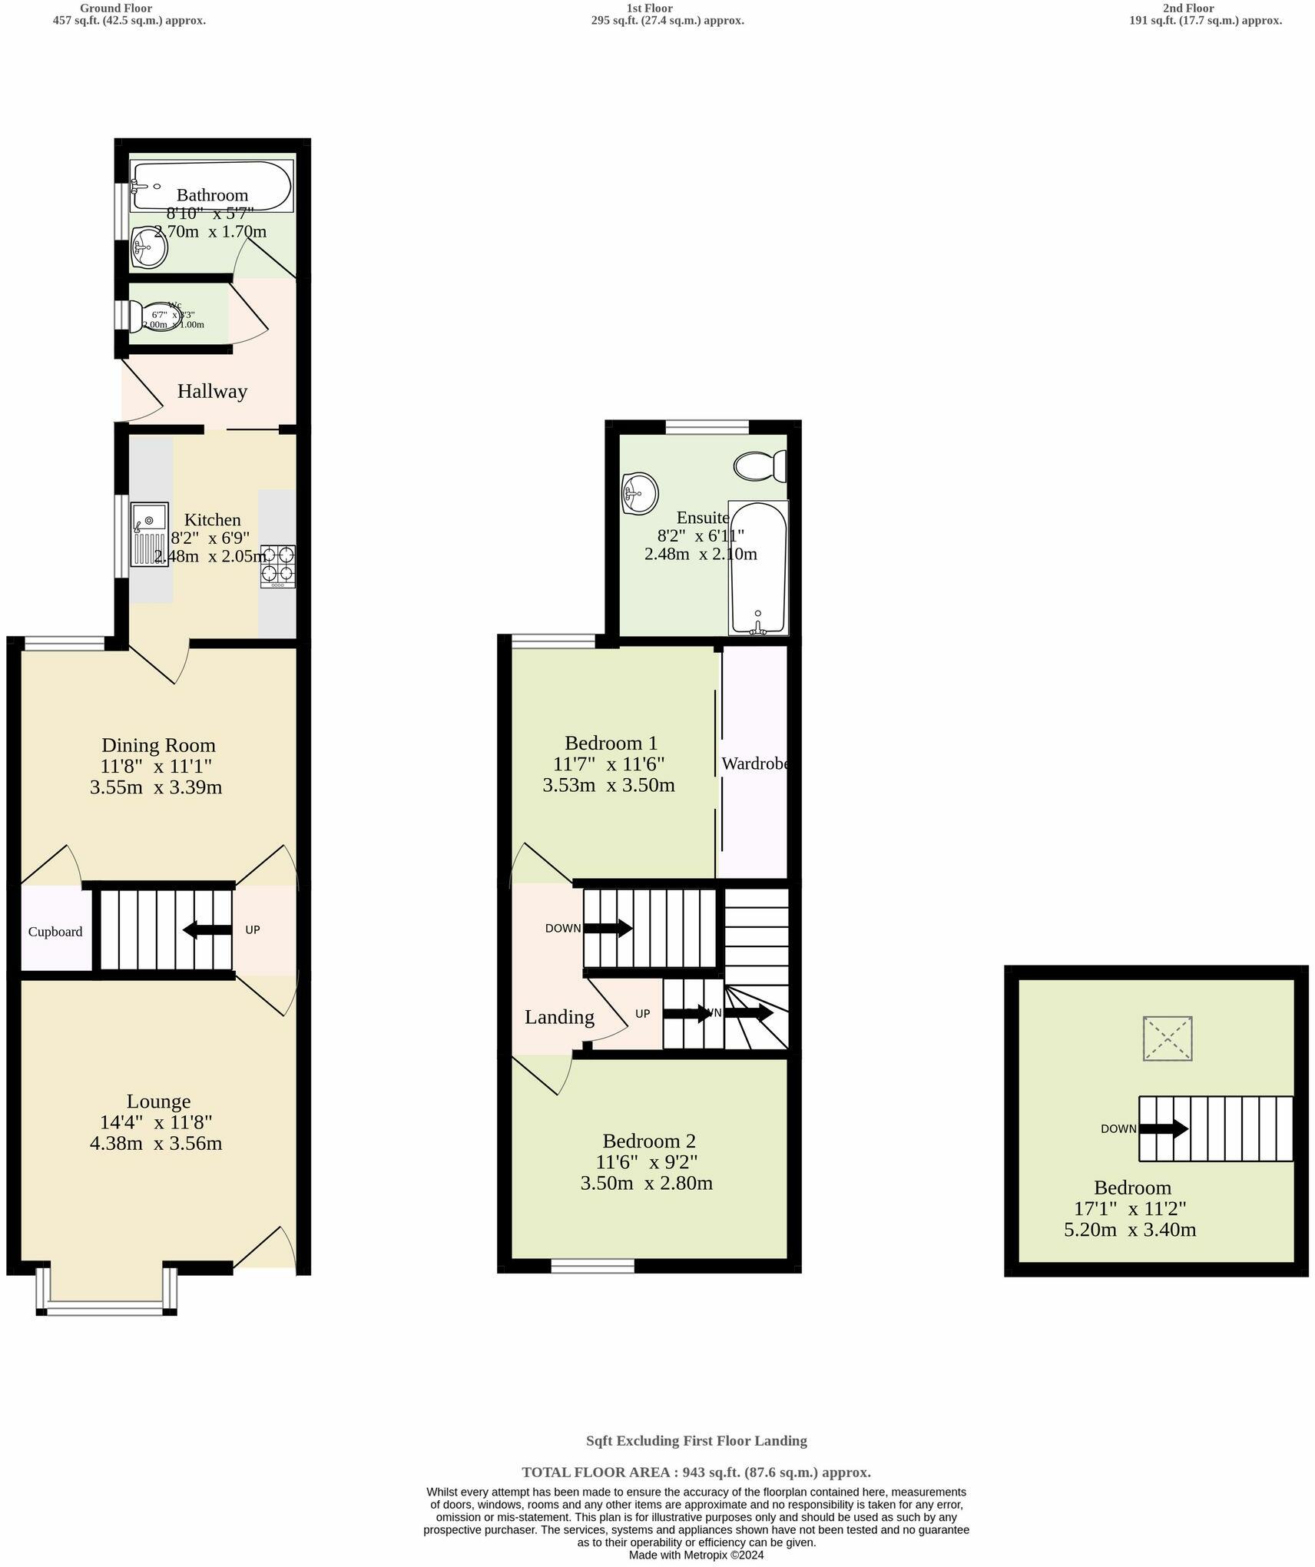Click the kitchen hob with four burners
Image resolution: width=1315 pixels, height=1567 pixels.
[x=278, y=565]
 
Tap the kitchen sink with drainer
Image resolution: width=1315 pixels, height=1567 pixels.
[x=149, y=534]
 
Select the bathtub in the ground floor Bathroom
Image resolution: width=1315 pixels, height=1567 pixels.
[x=211, y=185]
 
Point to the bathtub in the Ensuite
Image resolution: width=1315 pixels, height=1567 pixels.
[x=758, y=568]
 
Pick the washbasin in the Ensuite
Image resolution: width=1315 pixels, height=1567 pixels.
[x=639, y=492]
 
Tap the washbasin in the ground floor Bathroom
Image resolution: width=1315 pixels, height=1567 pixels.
[x=148, y=248]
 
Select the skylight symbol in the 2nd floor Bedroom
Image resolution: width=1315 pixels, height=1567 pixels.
[x=1167, y=1039]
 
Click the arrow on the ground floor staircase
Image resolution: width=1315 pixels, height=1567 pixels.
[x=207, y=929]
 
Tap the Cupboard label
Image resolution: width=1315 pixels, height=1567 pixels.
[x=55, y=932]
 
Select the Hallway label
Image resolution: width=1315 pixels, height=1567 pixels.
[x=212, y=391]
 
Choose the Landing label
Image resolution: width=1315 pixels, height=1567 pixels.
[x=559, y=1016]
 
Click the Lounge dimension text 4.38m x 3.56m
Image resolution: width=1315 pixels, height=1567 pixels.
[x=156, y=1143]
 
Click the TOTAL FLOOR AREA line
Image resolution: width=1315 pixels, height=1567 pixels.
[x=696, y=1473]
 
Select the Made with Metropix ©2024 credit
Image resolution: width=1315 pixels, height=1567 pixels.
[x=696, y=1555]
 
